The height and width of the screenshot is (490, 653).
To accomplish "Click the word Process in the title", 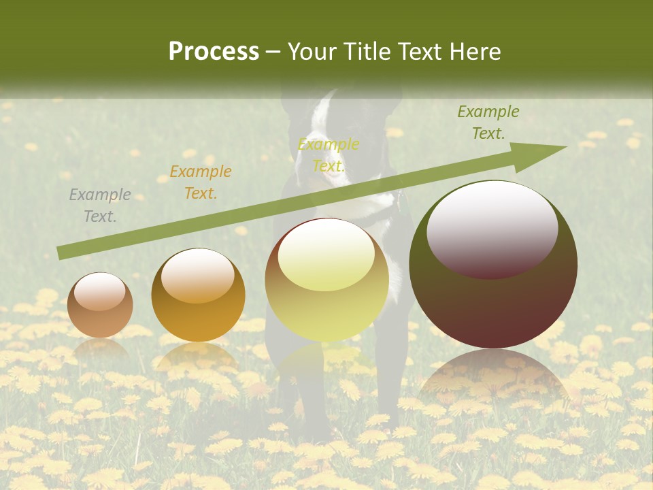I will coord(214,52).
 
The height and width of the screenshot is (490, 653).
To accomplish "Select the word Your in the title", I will coord(313,52).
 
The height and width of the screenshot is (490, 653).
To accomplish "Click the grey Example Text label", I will coord(100,206).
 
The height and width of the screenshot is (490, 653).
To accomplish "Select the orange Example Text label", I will coord(201,182).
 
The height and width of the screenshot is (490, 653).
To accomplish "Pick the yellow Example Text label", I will coord(329,155).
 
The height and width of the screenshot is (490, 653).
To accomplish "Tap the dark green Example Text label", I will coord(488,122).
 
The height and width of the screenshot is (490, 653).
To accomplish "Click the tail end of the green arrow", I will coord(63,253).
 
